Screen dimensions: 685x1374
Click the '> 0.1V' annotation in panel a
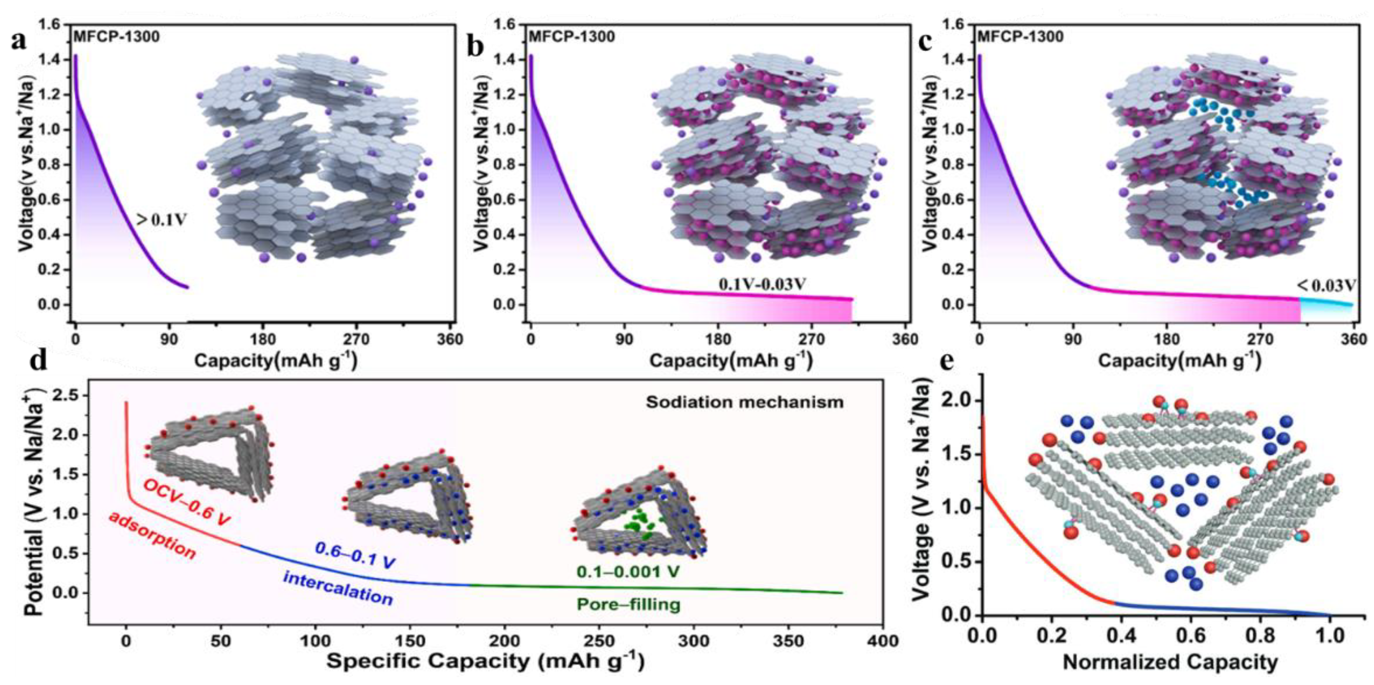[x=161, y=219]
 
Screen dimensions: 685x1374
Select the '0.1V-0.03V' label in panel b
[x=762, y=285]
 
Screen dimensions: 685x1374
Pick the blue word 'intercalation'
[x=338, y=588]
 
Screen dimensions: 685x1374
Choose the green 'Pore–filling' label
[x=629, y=605]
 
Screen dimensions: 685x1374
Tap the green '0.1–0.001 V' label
[x=628, y=572]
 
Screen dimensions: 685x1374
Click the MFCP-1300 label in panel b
[x=571, y=37]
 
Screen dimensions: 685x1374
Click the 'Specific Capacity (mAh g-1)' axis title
[x=485, y=662]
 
